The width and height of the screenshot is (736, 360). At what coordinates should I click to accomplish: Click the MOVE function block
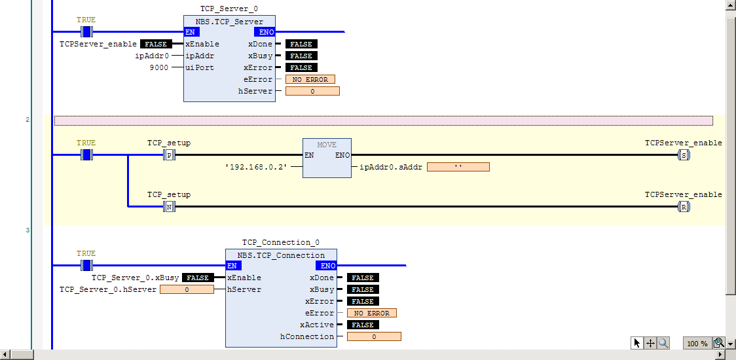pyautogui.click(x=327, y=158)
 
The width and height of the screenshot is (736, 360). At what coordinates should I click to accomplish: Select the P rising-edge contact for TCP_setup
pyautogui.click(x=169, y=154)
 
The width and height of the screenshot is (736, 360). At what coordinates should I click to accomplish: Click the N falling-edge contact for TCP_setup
pyautogui.click(x=169, y=206)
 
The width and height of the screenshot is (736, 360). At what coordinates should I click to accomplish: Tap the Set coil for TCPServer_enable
pyautogui.click(x=684, y=154)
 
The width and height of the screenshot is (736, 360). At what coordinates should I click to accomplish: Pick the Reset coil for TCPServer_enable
pyautogui.click(x=684, y=206)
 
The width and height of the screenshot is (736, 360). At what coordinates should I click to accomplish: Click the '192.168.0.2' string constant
pyautogui.click(x=256, y=167)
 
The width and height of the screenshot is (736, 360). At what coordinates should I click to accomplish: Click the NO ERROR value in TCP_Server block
pyautogui.click(x=310, y=79)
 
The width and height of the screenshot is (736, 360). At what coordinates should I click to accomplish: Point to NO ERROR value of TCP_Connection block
pyautogui.click(x=372, y=313)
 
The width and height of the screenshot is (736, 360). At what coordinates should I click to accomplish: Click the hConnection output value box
pyautogui.click(x=374, y=336)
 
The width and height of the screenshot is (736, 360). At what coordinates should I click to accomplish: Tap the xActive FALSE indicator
pyautogui.click(x=363, y=325)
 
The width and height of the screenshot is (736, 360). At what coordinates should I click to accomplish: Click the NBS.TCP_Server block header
pyautogui.click(x=229, y=22)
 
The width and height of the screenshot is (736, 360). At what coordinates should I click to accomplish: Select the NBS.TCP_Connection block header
pyautogui.click(x=281, y=255)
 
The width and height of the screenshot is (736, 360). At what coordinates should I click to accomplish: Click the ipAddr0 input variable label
pyautogui.click(x=152, y=56)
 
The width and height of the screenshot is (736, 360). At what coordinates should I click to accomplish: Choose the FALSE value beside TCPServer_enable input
pyautogui.click(x=156, y=44)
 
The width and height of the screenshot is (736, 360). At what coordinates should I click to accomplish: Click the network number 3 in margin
pyautogui.click(x=28, y=230)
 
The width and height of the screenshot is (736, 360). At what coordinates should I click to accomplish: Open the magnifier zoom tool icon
pyautogui.click(x=663, y=343)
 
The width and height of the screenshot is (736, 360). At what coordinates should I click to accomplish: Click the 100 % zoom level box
pyautogui.click(x=697, y=343)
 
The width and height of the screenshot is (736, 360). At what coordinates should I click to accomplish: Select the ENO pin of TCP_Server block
pyautogui.click(x=265, y=32)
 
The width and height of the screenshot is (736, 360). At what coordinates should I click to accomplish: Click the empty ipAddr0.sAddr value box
pyautogui.click(x=458, y=167)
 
